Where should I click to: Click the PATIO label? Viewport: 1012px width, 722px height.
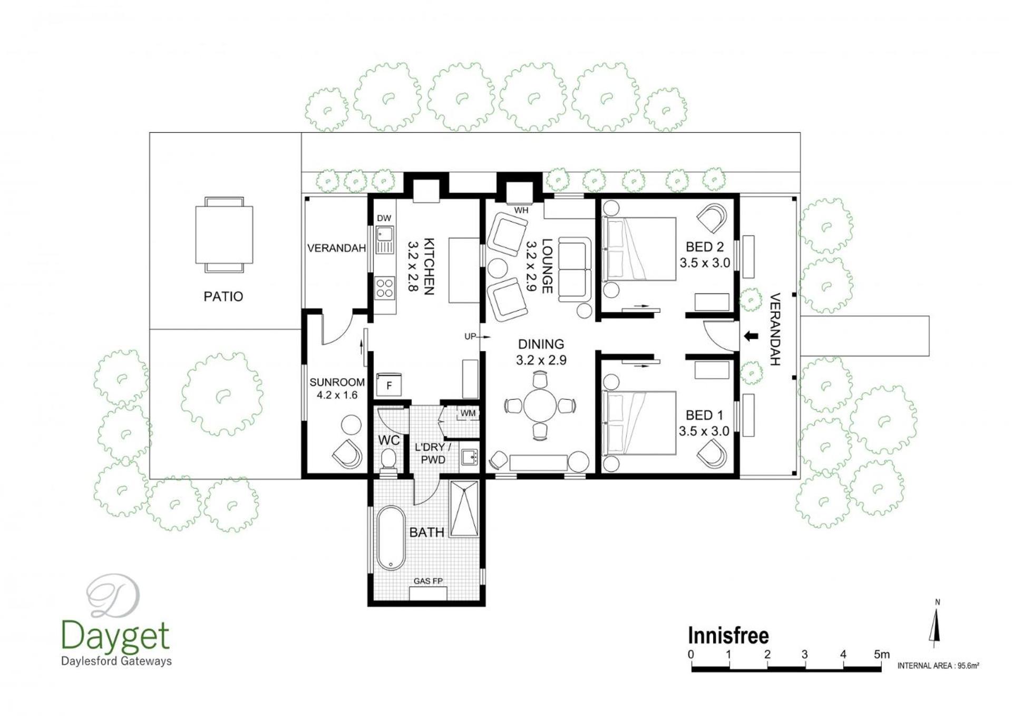(223, 296)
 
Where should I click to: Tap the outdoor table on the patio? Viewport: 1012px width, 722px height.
(224, 234)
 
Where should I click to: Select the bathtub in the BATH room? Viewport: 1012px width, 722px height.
(391, 538)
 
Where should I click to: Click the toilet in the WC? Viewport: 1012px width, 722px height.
(388, 459)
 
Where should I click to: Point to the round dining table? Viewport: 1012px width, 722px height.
(540, 405)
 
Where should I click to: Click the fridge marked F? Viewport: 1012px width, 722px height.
(389, 385)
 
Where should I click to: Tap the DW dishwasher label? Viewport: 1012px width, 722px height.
(384, 218)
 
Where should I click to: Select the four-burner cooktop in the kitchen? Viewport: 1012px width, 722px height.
(385, 288)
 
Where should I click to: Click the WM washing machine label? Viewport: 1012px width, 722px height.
(468, 413)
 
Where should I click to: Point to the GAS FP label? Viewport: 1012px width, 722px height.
(428, 581)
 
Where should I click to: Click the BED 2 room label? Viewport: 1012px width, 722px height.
(705, 246)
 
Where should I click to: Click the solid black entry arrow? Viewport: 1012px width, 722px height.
(751, 335)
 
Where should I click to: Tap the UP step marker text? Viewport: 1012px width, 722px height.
(470, 337)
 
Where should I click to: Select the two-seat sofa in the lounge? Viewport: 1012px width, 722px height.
(575, 270)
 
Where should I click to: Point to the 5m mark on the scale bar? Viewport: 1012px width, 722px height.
(881, 655)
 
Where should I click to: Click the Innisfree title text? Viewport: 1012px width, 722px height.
(728, 636)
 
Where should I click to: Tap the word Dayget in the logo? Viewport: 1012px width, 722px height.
(115, 637)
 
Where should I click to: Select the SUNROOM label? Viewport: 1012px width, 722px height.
(337, 382)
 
